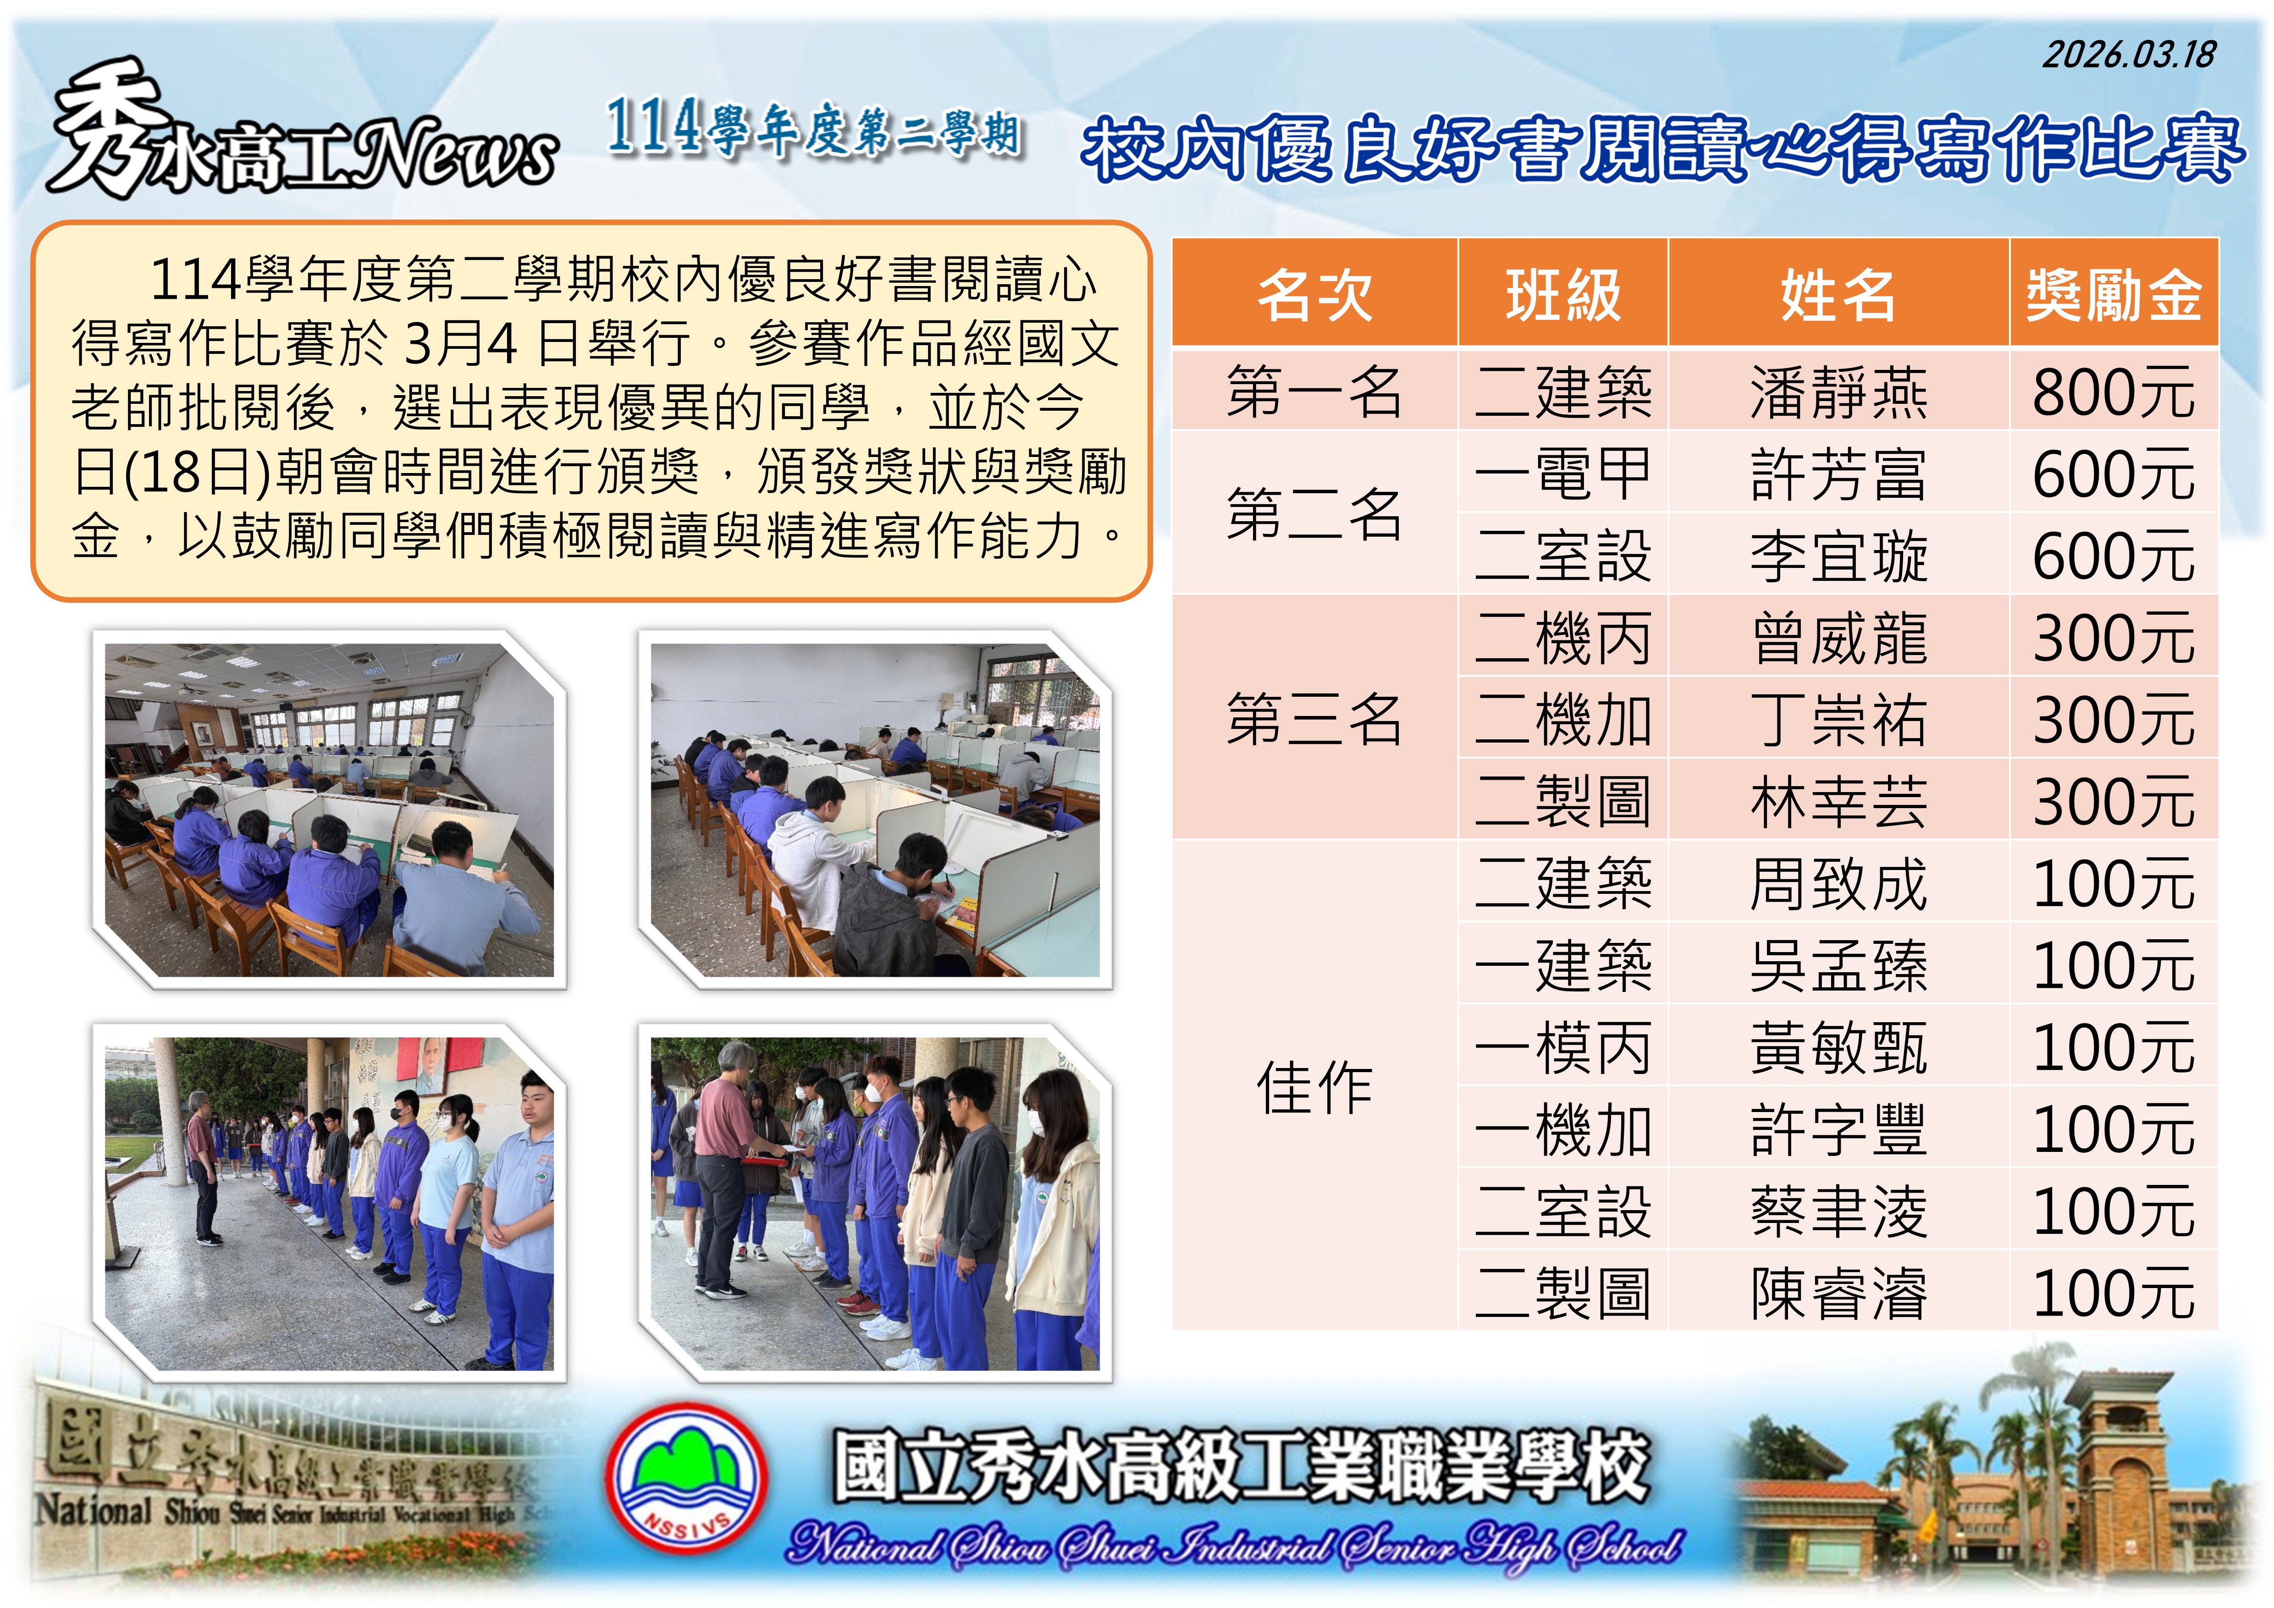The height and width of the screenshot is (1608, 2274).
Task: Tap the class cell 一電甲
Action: click(1563, 474)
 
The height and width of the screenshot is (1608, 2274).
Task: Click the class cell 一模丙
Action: click(1563, 1047)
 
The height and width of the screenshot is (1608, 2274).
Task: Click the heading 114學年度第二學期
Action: click(814, 129)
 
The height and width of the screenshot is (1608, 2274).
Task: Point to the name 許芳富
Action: click(1838, 474)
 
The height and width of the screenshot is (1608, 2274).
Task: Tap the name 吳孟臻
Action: click(1838, 965)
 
